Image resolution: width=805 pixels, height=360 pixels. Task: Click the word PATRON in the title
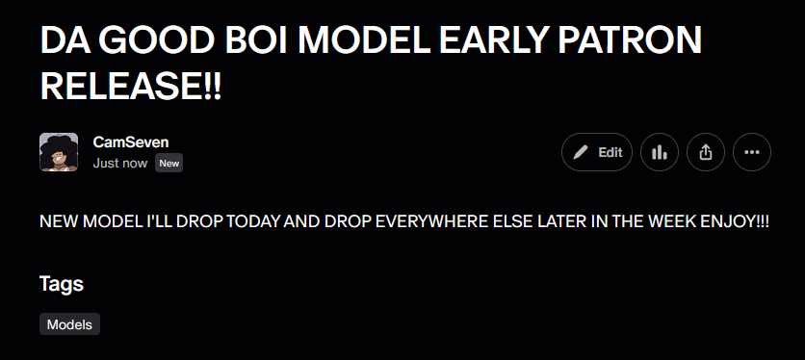[630, 40]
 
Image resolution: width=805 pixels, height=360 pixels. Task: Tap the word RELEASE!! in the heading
[130, 87]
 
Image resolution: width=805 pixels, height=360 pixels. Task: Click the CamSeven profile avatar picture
[59, 152]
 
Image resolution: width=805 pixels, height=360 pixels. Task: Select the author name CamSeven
[131, 142]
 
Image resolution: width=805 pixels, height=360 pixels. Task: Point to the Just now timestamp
[120, 164]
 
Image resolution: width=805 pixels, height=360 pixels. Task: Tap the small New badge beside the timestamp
[169, 164]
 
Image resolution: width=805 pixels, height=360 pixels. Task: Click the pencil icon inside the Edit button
[580, 152]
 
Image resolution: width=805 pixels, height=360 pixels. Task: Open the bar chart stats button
[660, 152]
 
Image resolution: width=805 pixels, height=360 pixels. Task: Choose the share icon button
[706, 152]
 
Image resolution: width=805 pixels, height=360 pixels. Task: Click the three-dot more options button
[752, 152]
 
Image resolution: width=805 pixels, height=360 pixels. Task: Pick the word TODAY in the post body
[253, 221]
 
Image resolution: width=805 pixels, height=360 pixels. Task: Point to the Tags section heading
[62, 284]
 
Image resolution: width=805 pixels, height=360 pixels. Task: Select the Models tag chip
[70, 324]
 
